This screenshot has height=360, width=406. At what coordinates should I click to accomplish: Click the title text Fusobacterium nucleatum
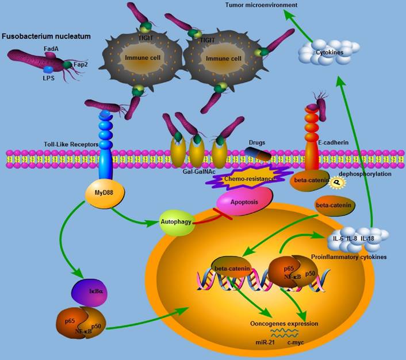coord(46,36)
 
